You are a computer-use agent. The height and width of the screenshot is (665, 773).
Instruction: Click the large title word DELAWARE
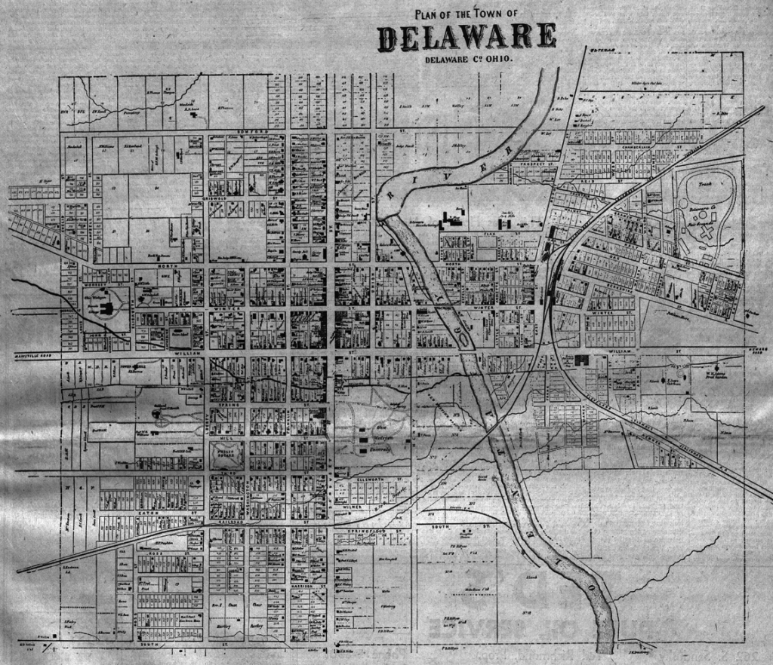pos(467,37)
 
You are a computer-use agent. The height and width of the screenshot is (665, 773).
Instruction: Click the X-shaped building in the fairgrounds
pos(709,233)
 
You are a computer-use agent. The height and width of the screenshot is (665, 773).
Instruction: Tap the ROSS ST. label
pos(162,553)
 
